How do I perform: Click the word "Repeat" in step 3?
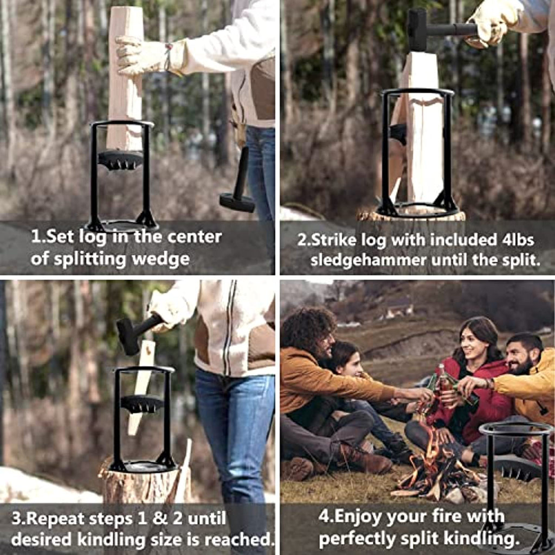point(56,519)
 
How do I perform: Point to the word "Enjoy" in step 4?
point(362,517)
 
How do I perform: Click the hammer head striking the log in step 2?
point(417,30)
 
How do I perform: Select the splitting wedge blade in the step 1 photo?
point(120,160)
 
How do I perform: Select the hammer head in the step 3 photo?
point(128,336)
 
